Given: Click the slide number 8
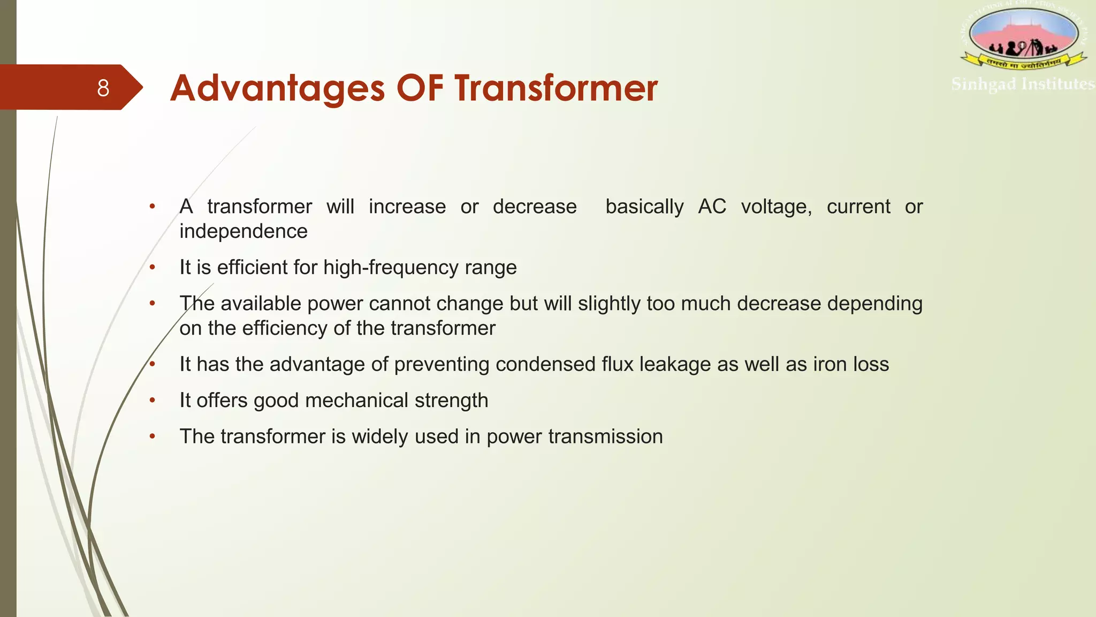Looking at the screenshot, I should pyautogui.click(x=103, y=88).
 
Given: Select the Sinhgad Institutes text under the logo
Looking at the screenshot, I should pyautogui.click(x=1023, y=85).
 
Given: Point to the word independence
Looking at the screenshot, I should pyautogui.click(x=243, y=231).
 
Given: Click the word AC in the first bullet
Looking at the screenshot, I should pyautogui.click(x=712, y=207).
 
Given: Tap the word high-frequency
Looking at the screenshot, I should pyautogui.click(x=391, y=267).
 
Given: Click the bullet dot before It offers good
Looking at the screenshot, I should pyautogui.click(x=153, y=400).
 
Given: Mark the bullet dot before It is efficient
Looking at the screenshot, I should pyautogui.click(x=153, y=267).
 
